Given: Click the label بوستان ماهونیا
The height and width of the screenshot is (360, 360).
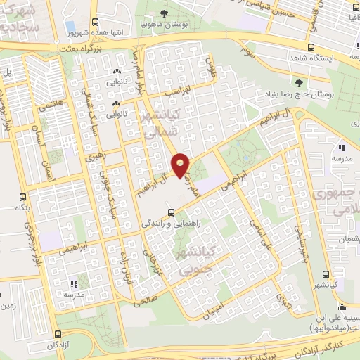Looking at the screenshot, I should pos(164,23).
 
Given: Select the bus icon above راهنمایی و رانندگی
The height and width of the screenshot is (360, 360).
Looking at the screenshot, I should pos(170,212).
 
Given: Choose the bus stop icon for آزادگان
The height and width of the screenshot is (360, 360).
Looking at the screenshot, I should pos(59,335).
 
